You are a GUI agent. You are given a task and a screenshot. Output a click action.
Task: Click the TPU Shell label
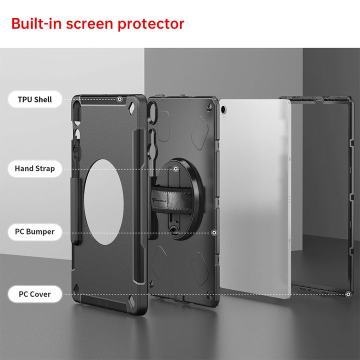point(35,99)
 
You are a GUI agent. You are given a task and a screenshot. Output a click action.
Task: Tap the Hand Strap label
point(35,168)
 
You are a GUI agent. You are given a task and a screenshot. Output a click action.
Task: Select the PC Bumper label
point(35,231)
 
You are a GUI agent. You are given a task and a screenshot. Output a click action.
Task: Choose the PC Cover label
point(35,294)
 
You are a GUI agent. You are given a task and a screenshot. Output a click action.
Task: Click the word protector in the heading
point(151,24)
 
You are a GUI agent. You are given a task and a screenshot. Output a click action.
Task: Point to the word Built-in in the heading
point(36,23)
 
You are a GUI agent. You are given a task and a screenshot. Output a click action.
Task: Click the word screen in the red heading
point(90,24)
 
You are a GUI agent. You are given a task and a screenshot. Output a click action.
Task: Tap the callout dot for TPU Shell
point(119,99)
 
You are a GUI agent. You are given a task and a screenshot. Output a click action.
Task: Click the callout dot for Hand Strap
point(175,169)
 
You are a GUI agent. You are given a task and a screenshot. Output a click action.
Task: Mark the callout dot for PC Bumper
point(214,233)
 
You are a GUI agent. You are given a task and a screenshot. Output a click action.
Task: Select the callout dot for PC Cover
point(348,294)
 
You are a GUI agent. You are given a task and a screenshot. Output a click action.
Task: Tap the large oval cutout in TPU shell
point(104,202)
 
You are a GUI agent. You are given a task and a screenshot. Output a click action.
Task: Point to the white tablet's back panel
point(255,198)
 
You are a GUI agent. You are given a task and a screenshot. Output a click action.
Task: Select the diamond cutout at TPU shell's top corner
point(132,108)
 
